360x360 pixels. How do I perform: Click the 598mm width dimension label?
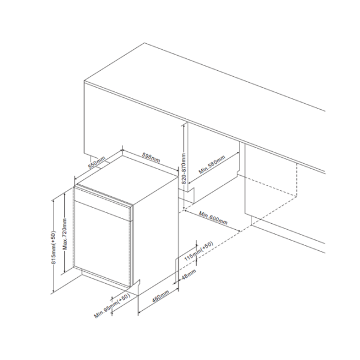click(151, 158)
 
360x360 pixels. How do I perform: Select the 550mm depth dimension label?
click(97, 163)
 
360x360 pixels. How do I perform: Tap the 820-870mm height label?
click(184, 169)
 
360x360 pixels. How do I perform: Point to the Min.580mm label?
click(212, 164)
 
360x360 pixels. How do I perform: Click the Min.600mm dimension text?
click(213, 218)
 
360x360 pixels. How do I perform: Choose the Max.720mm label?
click(65, 234)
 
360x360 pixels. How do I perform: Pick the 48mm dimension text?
click(189, 275)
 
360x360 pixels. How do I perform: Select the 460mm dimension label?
click(161, 296)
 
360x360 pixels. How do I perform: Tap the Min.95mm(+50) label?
click(112, 306)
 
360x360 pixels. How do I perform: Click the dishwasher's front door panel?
click(102, 244)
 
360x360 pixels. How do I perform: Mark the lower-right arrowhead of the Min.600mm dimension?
click(239, 230)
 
